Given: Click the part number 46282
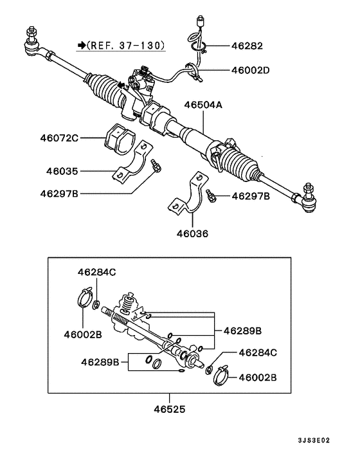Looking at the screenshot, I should tap(248, 46).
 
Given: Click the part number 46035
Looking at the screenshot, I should tap(62, 171).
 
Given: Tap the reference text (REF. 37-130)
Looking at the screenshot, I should tap(126, 46).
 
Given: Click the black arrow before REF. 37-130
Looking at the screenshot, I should tap(82, 46).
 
